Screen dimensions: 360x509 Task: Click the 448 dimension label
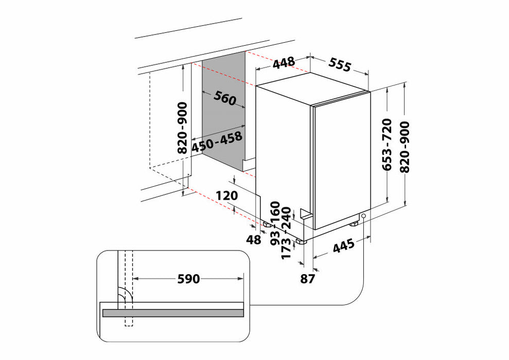click(x=284, y=63)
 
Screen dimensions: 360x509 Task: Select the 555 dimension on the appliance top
click(x=340, y=65)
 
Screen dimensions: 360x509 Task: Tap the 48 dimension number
click(x=253, y=240)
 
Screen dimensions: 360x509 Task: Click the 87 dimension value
click(x=308, y=279)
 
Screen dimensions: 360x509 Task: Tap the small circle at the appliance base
click(x=364, y=216)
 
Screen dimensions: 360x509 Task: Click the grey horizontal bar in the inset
click(x=173, y=313)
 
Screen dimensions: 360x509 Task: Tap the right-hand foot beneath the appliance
click(x=355, y=224)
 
